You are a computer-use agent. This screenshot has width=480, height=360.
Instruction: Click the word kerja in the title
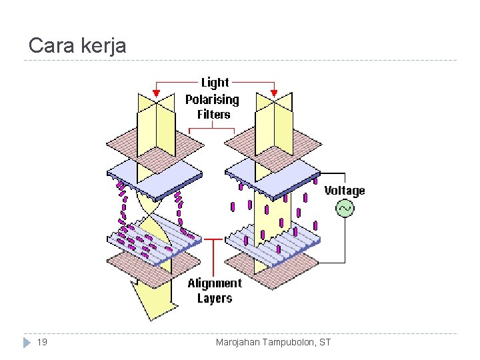point(103,45)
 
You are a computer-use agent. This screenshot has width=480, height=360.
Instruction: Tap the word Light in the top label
point(215,83)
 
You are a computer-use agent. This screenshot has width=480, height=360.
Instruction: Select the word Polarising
point(212,99)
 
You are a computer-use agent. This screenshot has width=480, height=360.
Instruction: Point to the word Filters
point(213,114)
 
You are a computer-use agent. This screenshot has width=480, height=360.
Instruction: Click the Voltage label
point(345,191)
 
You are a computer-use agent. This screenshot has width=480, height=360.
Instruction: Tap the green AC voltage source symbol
point(345,209)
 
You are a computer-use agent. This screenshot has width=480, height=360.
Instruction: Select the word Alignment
point(215,283)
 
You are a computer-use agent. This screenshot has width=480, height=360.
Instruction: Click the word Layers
point(215,299)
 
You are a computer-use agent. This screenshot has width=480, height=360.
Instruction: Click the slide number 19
point(42,343)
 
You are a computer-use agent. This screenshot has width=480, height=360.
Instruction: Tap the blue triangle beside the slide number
point(27,343)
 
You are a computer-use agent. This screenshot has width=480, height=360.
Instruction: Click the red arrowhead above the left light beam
point(157,93)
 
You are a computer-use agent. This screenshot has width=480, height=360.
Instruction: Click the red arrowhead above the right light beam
point(273,93)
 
